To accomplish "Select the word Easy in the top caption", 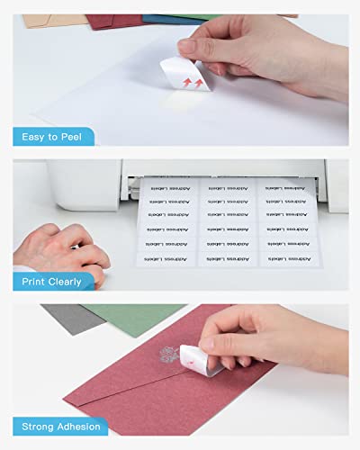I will (31, 137).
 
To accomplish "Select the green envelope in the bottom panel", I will (126, 317).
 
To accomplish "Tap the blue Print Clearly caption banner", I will (53, 282).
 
